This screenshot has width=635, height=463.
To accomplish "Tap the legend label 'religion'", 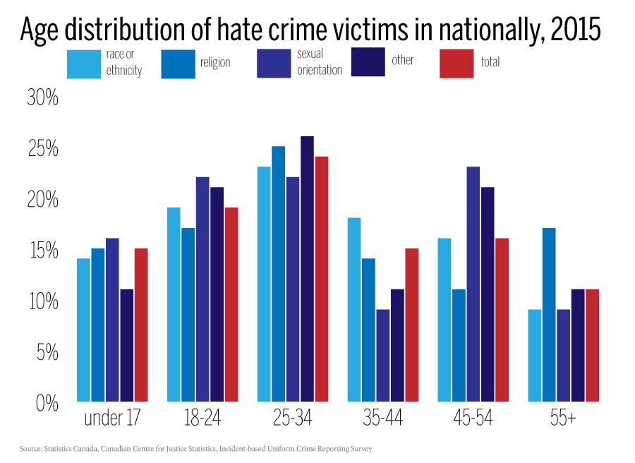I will pyautogui.click(x=214, y=63).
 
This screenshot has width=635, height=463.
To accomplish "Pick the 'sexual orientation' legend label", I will pyautogui.click(x=319, y=62).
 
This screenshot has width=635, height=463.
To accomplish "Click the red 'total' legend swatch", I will pyautogui.click(x=456, y=64).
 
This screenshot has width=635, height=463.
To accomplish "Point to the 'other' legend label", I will pyautogui.click(x=402, y=60).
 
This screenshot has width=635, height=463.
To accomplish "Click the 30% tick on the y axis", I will pyautogui.click(x=42, y=99).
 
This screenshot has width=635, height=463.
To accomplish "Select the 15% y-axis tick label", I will pyautogui.click(x=42, y=251).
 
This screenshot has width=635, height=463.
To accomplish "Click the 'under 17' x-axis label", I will pyautogui.click(x=112, y=419).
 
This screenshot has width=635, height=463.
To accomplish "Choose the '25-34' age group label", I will pyautogui.click(x=292, y=419).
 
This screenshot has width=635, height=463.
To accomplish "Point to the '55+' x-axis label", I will pyautogui.click(x=562, y=419).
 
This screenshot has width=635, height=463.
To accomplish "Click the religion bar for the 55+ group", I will pyautogui.click(x=549, y=315).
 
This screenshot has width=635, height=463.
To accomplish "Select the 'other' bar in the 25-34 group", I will pyautogui.click(x=307, y=269).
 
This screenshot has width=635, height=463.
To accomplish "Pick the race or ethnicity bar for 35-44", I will pyautogui.click(x=354, y=310).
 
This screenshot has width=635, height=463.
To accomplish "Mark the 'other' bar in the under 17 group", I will pyautogui.click(x=127, y=346).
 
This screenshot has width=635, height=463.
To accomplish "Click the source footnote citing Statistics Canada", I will pyautogui.click(x=195, y=449).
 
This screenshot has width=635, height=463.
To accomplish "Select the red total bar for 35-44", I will pyautogui.click(x=411, y=325).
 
